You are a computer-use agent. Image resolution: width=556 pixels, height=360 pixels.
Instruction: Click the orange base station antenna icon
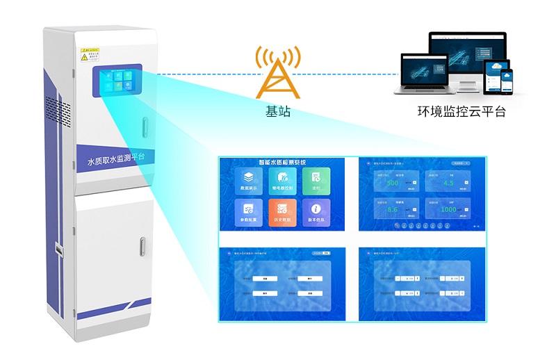[x=278, y=73]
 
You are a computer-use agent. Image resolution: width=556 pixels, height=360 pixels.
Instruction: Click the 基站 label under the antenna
[x=278, y=112]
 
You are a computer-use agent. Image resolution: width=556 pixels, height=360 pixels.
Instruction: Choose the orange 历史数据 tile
[x=281, y=212]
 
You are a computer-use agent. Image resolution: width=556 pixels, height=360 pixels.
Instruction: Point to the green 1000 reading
[x=448, y=209]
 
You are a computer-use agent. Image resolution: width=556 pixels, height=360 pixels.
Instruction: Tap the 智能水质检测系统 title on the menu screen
[x=281, y=161]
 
